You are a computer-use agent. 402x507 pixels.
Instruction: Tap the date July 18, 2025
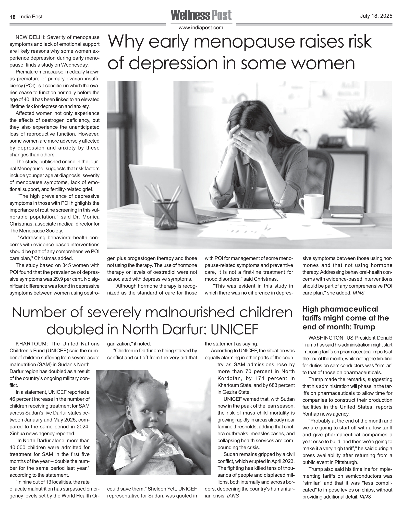pos(376,16)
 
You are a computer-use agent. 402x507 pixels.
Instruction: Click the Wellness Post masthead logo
pos(201,15)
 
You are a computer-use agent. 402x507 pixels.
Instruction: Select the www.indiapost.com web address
pos(201,28)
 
